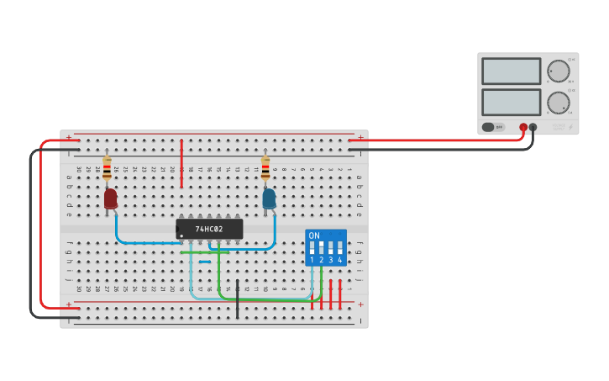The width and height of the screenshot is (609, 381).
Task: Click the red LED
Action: coord(110,198)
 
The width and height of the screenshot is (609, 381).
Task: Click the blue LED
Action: coord(269,198)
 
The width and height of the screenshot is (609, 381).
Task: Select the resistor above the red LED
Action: coord(107,168)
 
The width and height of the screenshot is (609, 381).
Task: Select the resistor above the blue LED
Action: coord(265,168)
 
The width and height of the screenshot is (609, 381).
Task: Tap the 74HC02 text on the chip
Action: coord(209,229)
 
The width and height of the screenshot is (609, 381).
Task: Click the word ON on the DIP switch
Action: coord(314,235)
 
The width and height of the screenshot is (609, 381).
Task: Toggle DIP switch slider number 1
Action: coord(312,248)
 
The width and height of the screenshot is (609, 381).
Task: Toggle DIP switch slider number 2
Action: coord(321,248)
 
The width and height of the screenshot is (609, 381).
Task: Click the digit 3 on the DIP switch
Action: coord(330,261)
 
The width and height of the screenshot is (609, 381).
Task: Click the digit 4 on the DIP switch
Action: coord(339,261)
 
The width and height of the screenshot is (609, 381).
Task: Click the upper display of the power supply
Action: coord(511,71)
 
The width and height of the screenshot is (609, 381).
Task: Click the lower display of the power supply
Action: coord(511,102)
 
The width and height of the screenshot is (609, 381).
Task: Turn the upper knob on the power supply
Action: coord(558,71)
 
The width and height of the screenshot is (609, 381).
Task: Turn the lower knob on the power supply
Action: coord(558,103)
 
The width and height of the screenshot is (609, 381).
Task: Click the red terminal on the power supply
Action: coord(523,127)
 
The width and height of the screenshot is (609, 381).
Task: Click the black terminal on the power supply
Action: coord(533,127)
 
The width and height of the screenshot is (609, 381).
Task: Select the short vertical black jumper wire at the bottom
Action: coord(237,299)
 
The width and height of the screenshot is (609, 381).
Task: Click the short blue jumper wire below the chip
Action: coord(204,262)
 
